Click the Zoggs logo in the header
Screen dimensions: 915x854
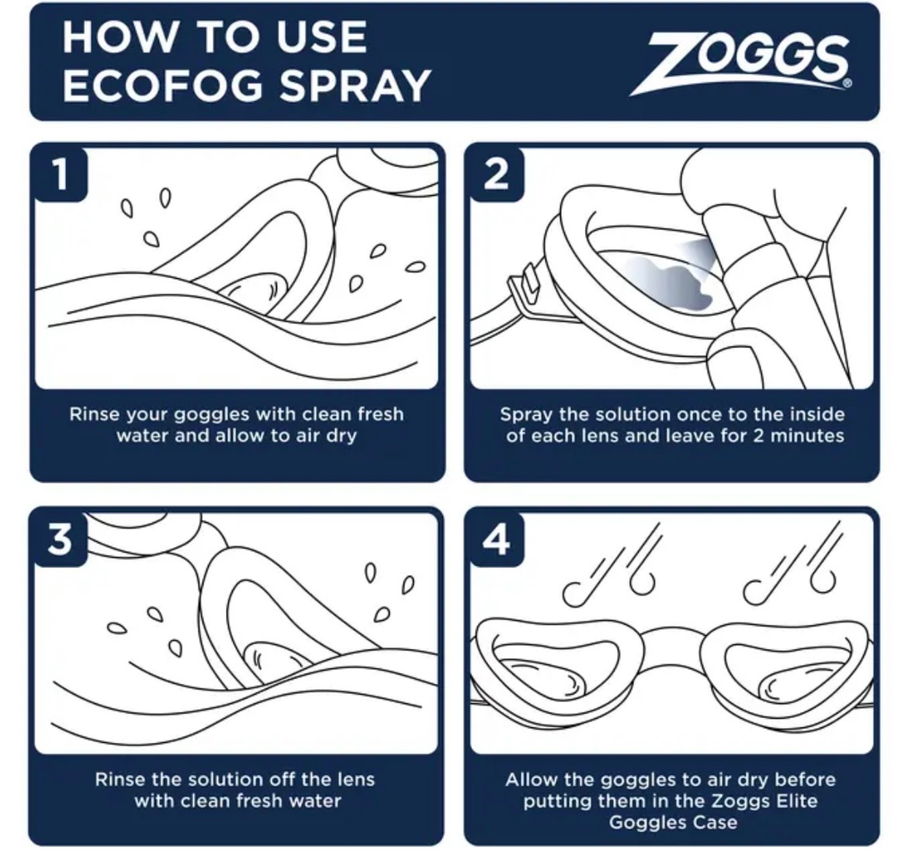tap(740, 63)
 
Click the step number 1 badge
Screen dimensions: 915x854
tap(61, 173)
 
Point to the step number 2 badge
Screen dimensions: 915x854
tap(496, 173)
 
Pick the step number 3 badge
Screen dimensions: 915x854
tap(61, 538)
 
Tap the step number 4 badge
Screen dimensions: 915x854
tap(496, 538)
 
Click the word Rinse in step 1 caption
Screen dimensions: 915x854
tap(95, 414)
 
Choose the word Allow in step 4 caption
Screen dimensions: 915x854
tap(533, 780)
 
